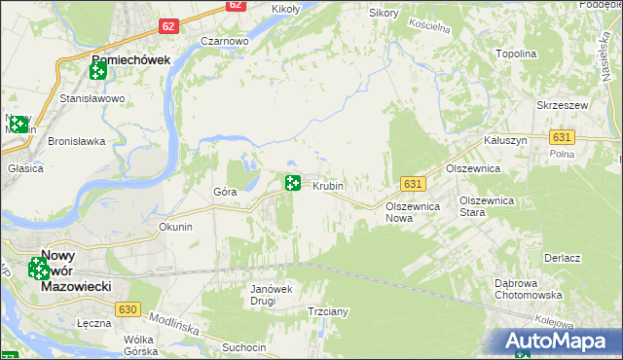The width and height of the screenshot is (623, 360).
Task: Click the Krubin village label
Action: click(x=328, y=185)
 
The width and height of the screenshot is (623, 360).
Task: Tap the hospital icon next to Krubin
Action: click(x=292, y=182)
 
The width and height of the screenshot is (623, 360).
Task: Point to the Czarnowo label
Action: click(x=225, y=42)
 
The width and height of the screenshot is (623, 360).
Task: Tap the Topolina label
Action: click(x=517, y=54)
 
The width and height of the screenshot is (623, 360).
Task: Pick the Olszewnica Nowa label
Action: click(x=414, y=212)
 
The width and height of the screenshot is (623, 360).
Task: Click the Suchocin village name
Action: click(x=243, y=346)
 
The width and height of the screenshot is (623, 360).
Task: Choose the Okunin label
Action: click(x=175, y=227)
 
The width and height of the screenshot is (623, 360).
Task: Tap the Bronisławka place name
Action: click(x=76, y=141)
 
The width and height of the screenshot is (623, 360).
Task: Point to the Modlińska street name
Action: click(x=175, y=320)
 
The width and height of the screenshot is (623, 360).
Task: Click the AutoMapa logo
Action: click(x=559, y=342)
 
